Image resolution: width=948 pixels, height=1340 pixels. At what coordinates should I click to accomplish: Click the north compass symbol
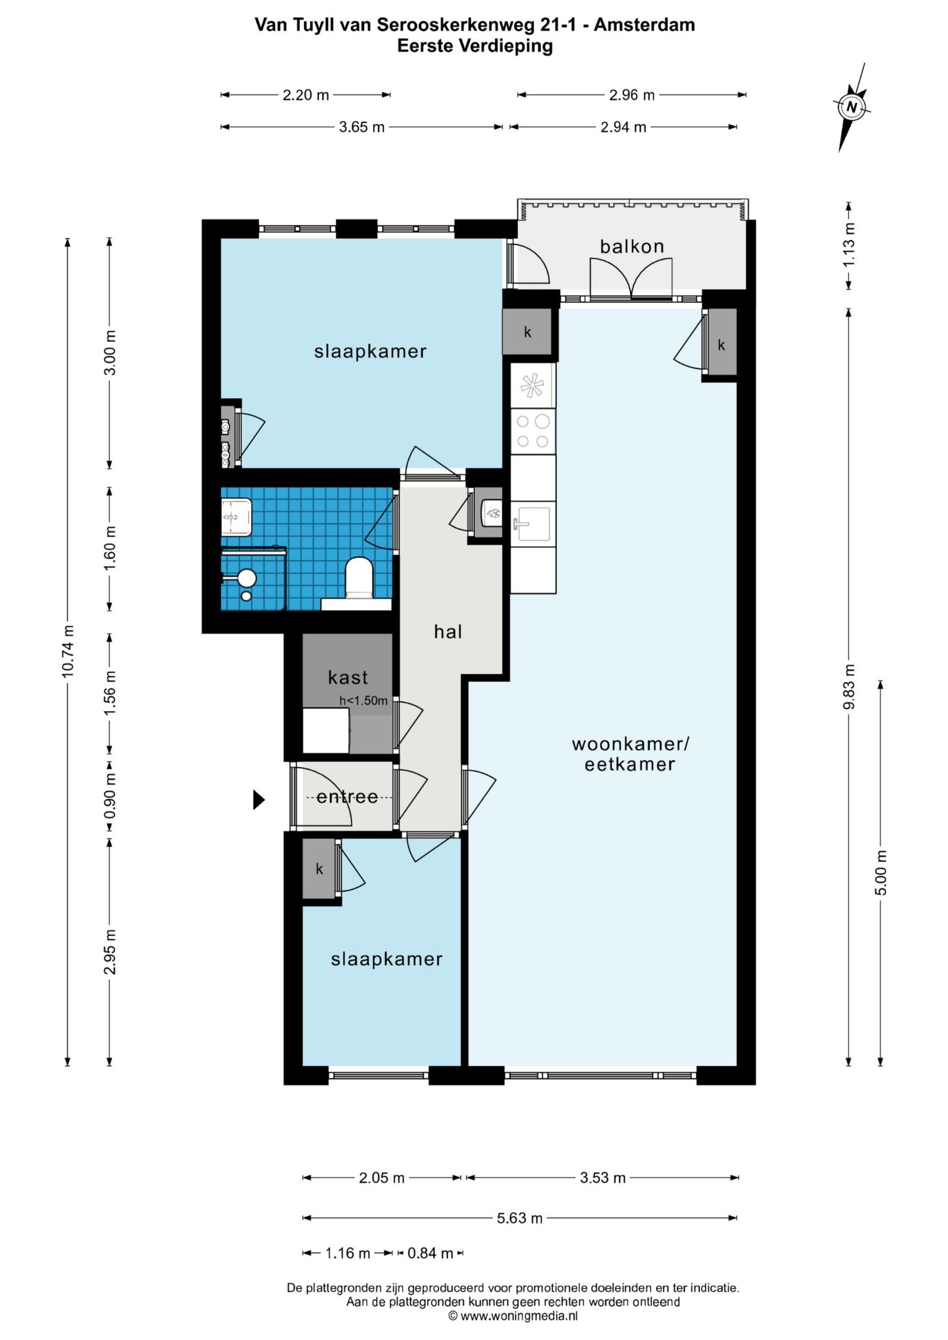[x=852, y=107]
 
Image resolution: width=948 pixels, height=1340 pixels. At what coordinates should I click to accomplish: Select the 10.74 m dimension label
[x=68, y=651]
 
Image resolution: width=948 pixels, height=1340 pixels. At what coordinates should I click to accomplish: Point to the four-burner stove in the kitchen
[x=533, y=431]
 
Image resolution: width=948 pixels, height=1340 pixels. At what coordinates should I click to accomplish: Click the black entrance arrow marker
[x=259, y=800]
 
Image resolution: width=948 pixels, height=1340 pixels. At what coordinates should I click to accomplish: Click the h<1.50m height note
[x=364, y=700]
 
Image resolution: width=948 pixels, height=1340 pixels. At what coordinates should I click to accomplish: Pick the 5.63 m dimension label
[x=520, y=1218]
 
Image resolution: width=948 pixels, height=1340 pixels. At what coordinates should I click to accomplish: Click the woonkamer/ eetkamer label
[x=630, y=754]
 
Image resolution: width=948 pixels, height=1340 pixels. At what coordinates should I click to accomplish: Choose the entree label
[x=347, y=797]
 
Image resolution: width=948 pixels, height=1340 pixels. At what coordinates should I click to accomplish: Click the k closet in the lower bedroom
[x=319, y=869]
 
